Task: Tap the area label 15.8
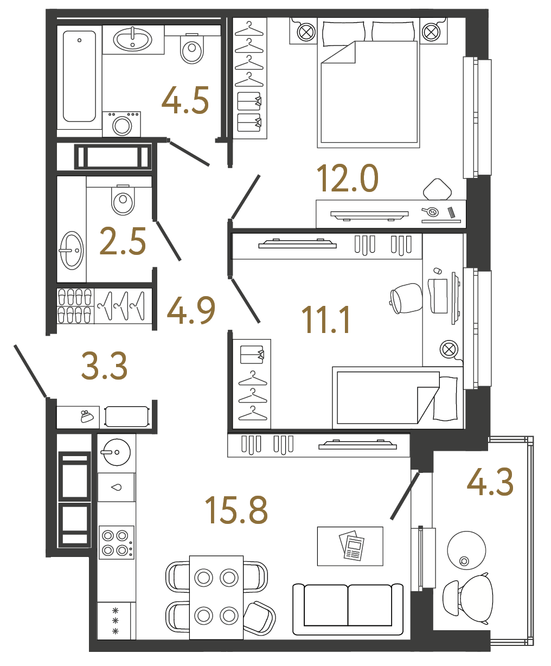click(x=236, y=510)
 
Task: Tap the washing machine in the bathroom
click(x=122, y=125)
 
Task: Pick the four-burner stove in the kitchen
click(x=116, y=542)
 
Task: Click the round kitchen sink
click(x=115, y=451)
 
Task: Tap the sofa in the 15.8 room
click(x=348, y=609)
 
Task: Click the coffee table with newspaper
click(x=350, y=546)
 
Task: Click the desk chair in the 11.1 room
click(x=406, y=298)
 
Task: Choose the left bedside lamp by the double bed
click(x=306, y=32)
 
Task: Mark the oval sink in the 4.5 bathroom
click(x=132, y=39)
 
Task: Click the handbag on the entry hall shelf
click(x=86, y=417)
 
